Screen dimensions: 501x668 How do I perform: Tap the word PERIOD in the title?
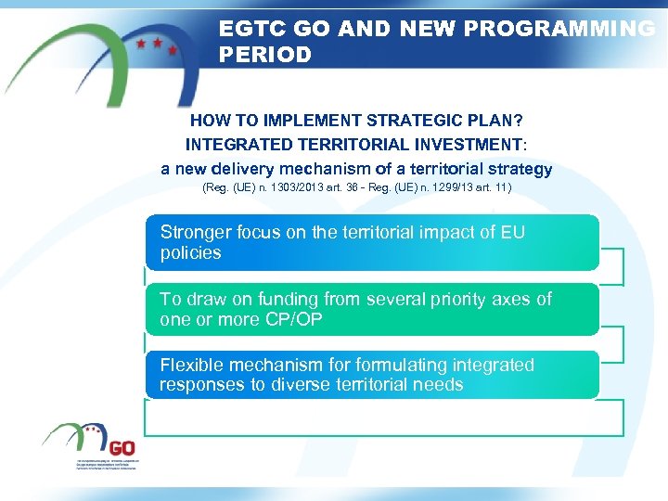265,55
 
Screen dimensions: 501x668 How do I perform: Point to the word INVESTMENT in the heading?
464,145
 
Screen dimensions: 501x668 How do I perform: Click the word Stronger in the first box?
193,232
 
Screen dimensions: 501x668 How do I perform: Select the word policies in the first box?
190,252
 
